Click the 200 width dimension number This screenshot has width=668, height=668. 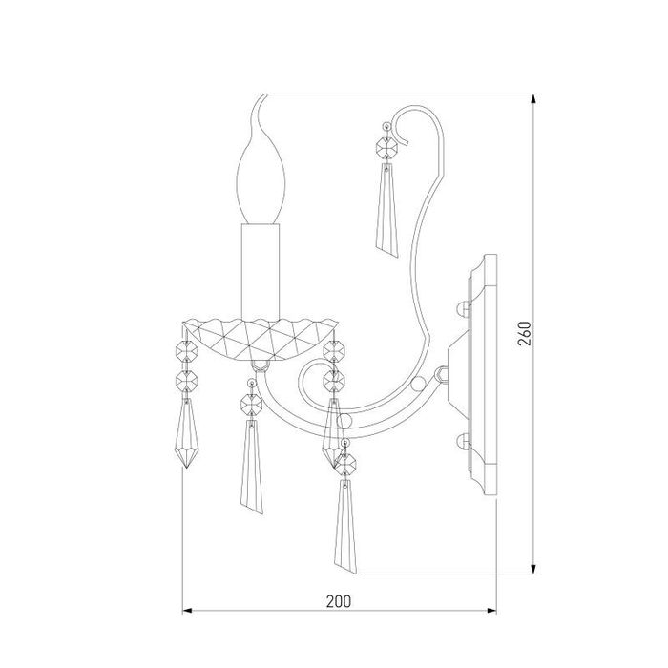point(339,601)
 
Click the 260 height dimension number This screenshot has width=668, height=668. point(525,334)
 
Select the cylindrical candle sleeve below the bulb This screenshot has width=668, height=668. point(261,271)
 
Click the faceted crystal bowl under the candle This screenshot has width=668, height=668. point(260,340)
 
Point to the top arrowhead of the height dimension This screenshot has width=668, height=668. point(533,99)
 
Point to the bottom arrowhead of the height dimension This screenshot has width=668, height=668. point(533,569)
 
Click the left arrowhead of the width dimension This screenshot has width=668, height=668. point(187,611)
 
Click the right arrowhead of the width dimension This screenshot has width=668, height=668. point(491,611)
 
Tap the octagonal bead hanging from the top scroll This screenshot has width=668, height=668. point(386,148)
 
